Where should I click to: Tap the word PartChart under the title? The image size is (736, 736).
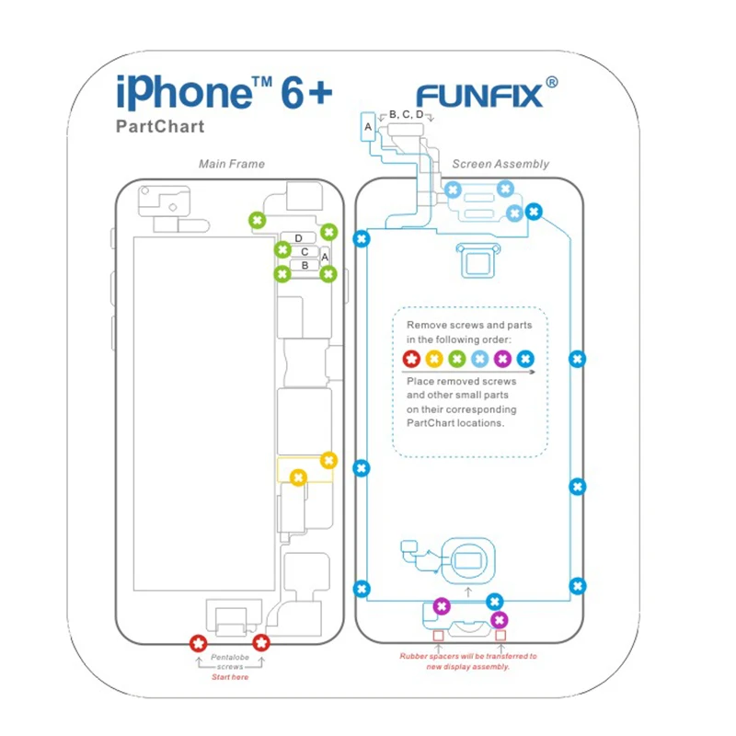(x=160, y=127)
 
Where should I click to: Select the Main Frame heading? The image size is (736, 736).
(x=232, y=164)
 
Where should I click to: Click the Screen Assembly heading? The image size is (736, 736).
(x=500, y=164)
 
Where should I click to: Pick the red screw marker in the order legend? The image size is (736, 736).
(x=412, y=359)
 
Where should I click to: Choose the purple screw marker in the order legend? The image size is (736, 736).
(x=502, y=359)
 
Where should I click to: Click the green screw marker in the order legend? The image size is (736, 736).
(x=457, y=359)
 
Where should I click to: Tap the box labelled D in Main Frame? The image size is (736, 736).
(x=299, y=238)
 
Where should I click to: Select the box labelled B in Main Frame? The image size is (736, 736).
(x=305, y=265)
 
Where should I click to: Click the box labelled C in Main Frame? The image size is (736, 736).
(x=305, y=251)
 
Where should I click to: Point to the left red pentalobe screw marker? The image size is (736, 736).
(x=196, y=643)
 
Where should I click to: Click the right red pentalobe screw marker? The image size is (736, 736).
(x=262, y=643)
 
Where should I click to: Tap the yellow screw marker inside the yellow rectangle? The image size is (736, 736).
(x=297, y=477)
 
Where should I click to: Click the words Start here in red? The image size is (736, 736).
(x=230, y=676)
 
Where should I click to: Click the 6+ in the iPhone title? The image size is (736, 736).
(x=300, y=94)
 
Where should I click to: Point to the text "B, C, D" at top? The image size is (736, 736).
(x=407, y=114)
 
